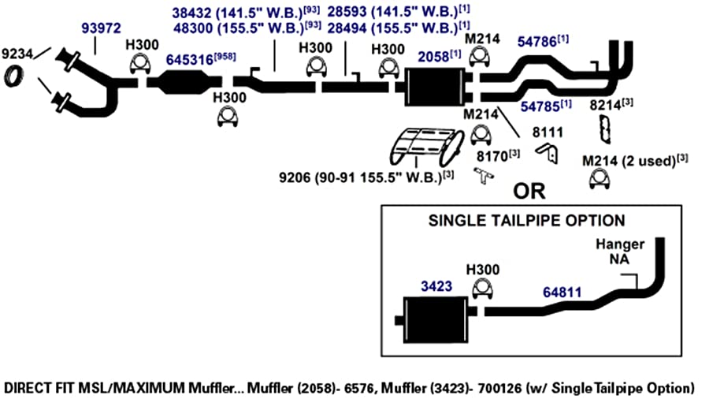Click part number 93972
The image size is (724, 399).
(101, 28)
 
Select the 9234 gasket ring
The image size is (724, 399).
(13, 76)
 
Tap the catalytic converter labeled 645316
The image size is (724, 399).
(184, 83)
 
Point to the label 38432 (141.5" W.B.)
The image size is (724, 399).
(237, 13)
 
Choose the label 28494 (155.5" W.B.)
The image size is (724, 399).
(392, 28)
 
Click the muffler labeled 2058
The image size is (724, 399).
(435, 87)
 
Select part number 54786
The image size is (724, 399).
(537, 42)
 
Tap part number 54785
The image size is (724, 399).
(540, 106)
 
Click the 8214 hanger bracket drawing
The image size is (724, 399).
(604, 129)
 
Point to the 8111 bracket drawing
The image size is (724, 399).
(548, 153)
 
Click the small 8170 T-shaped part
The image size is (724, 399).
(484, 176)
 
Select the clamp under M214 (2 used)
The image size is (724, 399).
(600, 179)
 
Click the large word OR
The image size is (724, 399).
(529, 191)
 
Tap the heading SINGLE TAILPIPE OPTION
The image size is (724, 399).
(527, 221)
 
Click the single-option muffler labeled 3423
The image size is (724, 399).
(435, 320)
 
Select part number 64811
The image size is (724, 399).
(562, 293)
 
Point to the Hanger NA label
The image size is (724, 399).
(620, 252)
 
